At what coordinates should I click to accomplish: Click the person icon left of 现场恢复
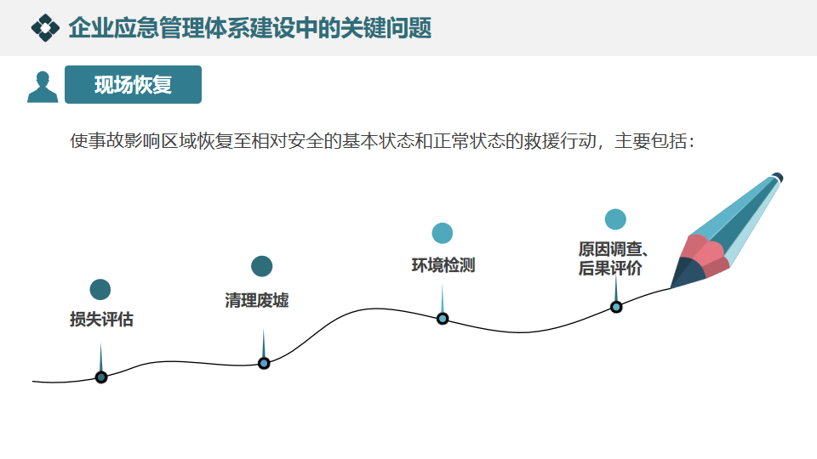(43, 86)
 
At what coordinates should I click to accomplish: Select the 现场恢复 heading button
(133, 85)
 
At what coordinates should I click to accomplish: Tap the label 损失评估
(101, 320)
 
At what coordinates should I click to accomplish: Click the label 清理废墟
(256, 300)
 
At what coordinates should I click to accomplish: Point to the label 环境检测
(443, 265)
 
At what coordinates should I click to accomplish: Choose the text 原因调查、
(614, 250)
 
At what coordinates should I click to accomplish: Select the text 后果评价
(609, 269)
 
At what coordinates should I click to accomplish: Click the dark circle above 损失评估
(100, 290)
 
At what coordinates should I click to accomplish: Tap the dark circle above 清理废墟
(262, 266)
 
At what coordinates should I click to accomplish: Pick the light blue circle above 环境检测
(443, 233)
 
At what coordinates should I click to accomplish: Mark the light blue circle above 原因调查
(615, 218)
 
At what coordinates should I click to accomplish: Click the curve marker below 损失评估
(101, 377)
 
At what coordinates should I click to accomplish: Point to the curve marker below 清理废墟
(264, 363)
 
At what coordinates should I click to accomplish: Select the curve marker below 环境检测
(443, 319)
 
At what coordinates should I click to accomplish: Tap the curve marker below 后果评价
(616, 307)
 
